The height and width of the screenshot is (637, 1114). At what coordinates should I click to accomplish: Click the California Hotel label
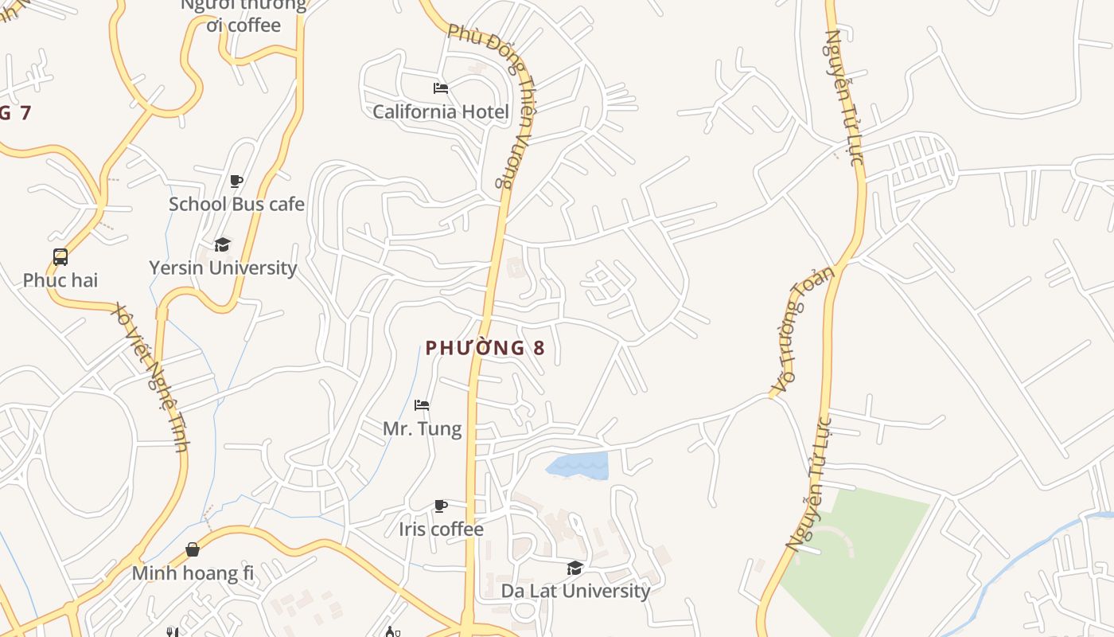440,111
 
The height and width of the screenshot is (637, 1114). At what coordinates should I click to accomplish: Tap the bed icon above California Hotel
440,88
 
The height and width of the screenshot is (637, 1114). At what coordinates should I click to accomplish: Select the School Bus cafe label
236,205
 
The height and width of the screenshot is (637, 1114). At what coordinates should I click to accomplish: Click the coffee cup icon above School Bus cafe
236,181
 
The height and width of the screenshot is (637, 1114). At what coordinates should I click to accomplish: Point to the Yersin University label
223,268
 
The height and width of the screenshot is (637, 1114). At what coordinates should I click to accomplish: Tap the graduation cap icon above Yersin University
222,244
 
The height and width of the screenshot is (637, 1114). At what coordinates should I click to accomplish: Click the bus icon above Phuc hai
60,256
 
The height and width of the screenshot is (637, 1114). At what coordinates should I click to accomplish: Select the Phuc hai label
60,280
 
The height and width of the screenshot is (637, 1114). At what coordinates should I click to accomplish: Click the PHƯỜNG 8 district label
485,348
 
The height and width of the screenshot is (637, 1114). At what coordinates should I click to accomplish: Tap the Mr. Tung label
422,429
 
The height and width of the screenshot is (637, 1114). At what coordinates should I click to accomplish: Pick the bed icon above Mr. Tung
422,405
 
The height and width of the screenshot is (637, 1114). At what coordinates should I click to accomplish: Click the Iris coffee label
441,530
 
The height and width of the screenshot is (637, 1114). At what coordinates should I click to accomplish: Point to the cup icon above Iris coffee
440,506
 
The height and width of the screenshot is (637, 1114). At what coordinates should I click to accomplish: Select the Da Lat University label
575,591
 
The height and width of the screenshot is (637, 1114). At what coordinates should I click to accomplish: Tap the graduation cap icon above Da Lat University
575,568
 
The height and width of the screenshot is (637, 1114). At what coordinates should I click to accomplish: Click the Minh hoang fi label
193,573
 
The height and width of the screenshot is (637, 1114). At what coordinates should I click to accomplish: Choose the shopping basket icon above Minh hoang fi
193,549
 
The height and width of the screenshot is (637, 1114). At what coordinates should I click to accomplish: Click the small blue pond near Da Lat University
581,466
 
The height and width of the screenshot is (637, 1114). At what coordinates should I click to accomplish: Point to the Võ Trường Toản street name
803,330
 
